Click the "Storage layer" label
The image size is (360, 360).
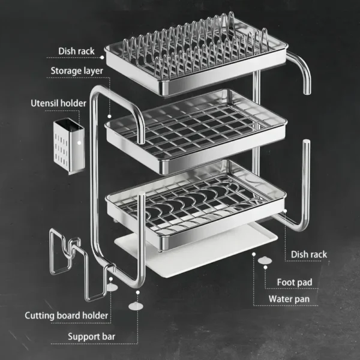pos(76,71)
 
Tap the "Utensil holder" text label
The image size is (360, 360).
pos(59,103)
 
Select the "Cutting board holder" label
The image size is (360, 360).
pos(66,315)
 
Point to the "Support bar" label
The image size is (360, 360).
pos(91,336)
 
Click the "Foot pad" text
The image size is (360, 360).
pos(294,281)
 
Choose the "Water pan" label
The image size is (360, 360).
pos(293,298)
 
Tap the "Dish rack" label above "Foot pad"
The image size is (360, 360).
pos(308,254)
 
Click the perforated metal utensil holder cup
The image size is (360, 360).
pos(67,146)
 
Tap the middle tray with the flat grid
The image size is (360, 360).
pos(192,129)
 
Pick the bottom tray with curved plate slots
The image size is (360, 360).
pos(192,198)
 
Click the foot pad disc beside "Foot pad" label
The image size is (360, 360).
pos(263,260)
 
